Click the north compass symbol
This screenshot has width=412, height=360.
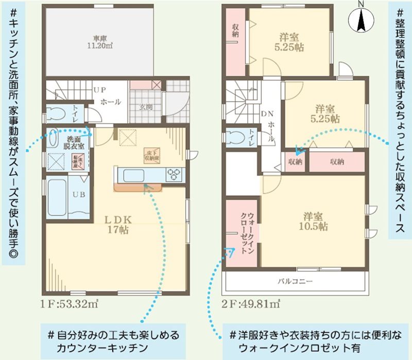[360, 20]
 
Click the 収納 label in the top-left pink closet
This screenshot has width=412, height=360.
[235, 30]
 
